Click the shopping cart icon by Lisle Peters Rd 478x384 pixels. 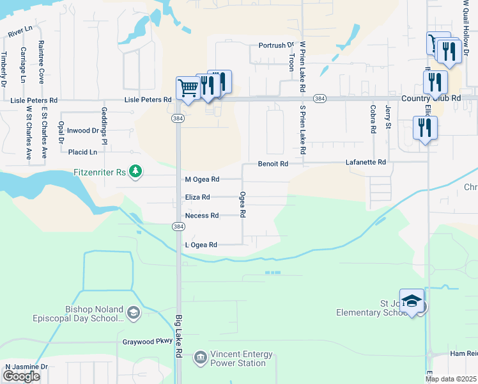(x=188, y=88)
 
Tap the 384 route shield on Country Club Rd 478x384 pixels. (x=320, y=99)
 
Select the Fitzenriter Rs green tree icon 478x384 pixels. (x=135, y=171)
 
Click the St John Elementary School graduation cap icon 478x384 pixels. (x=413, y=301)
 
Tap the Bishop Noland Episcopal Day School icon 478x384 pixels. (x=134, y=312)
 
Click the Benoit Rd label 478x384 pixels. (x=273, y=164)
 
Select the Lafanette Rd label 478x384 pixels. (x=366, y=163)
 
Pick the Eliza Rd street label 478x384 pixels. (x=197, y=198)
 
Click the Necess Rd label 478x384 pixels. (x=201, y=216)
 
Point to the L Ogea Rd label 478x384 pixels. (x=201, y=245)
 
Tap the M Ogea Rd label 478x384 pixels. (x=201, y=180)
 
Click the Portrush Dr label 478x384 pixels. (x=275, y=45)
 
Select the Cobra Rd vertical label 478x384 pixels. (x=373, y=120)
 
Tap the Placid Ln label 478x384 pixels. (x=82, y=152)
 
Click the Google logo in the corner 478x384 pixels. (x=21, y=376)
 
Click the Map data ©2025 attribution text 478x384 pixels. (x=451, y=379)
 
